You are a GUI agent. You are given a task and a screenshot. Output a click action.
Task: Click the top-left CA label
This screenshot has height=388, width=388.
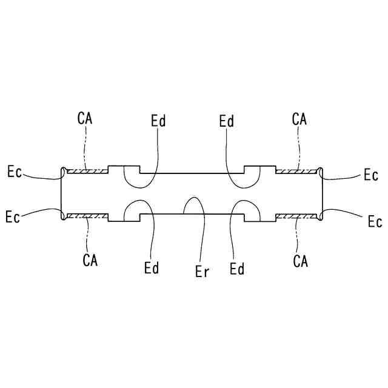click(x=85, y=117)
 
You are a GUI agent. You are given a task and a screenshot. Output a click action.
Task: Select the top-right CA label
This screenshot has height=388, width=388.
click(x=299, y=118)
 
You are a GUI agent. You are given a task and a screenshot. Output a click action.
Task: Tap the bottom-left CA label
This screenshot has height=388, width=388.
click(x=90, y=261)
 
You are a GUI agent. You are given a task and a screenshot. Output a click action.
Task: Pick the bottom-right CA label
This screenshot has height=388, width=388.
click(x=300, y=261)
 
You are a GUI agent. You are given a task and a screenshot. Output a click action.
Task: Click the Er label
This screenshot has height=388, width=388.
click(x=202, y=272)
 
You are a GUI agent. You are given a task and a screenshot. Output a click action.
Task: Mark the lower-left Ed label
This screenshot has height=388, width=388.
click(x=152, y=267)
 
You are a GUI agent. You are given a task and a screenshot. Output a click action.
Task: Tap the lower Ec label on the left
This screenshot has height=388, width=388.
click(x=12, y=216)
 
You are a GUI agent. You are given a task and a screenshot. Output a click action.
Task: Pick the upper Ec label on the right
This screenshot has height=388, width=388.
click(x=371, y=175)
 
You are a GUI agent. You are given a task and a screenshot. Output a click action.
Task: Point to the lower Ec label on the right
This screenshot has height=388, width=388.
click(x=375, y=221)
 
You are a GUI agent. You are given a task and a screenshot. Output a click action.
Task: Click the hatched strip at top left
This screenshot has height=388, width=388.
click(x=87, y=171)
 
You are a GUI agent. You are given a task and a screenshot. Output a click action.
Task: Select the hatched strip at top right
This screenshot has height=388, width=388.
click(x=297, y=171)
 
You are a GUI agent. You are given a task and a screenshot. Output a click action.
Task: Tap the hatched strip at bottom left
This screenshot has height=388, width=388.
click(x=87, y=215)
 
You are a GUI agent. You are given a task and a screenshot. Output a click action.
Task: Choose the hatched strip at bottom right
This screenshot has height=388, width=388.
click(x=297, y=215)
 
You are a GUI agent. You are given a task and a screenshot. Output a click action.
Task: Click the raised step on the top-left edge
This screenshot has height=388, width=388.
click(x=124, y=167)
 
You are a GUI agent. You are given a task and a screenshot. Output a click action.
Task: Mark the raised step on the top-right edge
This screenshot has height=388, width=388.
click(x=259, y=167)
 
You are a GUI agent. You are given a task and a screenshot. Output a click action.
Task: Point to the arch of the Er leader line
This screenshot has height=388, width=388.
click(x=193, y=198)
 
